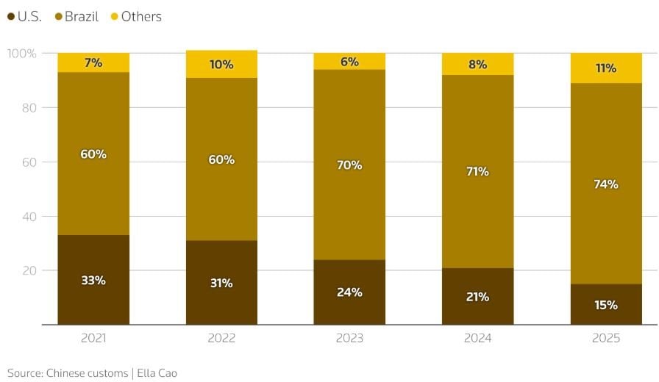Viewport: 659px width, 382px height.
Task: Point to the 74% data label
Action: (x=606, y=184)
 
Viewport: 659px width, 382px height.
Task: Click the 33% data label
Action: (x=93, y=280)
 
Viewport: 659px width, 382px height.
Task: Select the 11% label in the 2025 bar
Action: (x=606, y=68)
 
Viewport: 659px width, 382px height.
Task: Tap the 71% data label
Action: (x=477, y=171)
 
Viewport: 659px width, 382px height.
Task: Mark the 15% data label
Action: (x=606, y=305)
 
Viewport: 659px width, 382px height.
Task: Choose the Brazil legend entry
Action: (x=76, y=16)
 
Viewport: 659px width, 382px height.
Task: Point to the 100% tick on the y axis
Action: (x=21, y=54)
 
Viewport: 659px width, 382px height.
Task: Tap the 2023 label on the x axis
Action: (x=349, y=339)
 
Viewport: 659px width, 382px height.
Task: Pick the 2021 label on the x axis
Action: (x=93, y=339)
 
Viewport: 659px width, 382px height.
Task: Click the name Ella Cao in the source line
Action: (x=157, y=372)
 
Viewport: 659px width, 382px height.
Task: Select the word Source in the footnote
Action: (x=25, y=372)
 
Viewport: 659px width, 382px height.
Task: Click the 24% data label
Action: (x=349, y=292)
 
